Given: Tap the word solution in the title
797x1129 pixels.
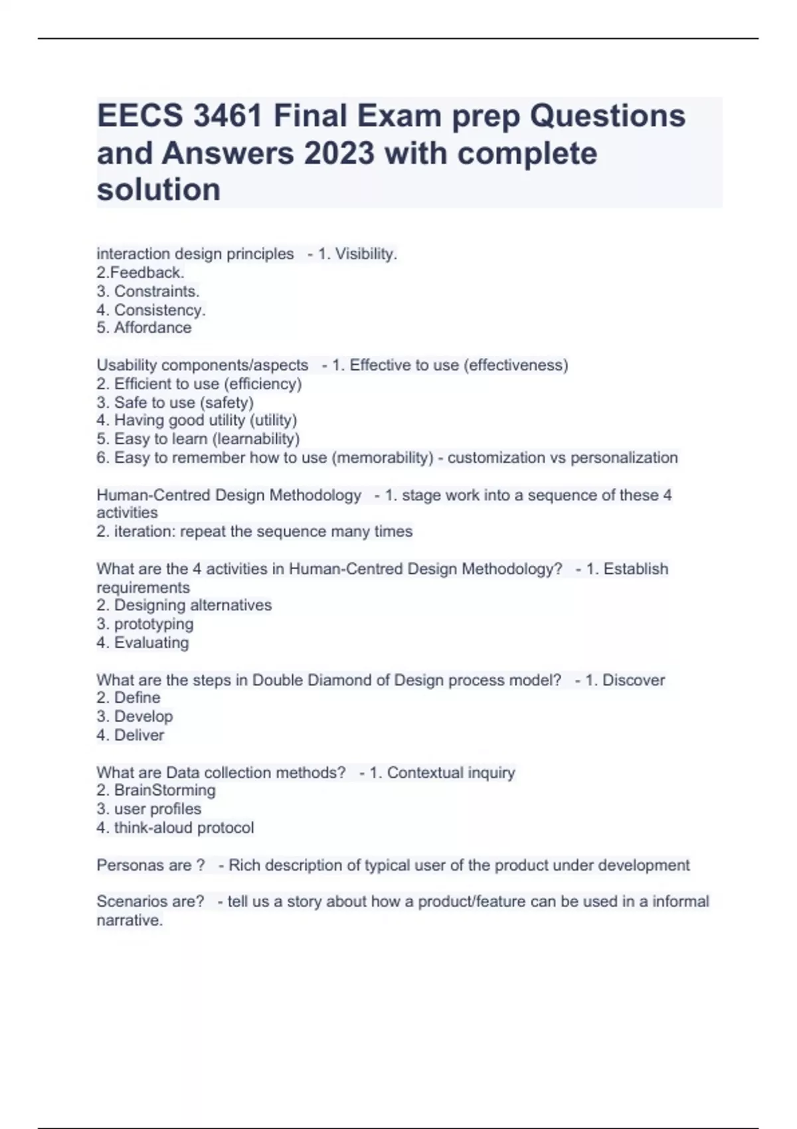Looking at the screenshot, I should [159, 190].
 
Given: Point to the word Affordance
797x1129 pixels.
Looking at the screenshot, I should [153, 327].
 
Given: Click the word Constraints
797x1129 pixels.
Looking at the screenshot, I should [157, 291].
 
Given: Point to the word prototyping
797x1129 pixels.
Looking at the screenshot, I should [153, 624].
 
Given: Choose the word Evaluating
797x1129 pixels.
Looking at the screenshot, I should [151, 642].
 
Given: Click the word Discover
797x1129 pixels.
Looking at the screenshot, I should [633, 680].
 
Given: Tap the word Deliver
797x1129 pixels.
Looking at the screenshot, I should [139, 735].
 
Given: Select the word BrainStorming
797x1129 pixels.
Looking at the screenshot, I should [165, 790].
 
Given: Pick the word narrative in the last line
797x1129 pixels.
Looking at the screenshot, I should [129, 920].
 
